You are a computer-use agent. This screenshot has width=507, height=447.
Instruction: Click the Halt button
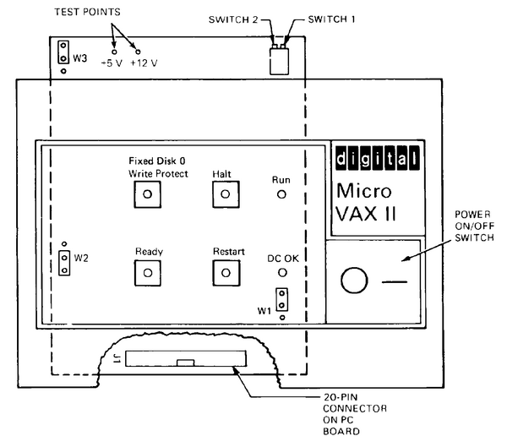click(x=224, y=194)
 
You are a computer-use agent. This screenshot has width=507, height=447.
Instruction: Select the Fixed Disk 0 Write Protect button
click(x=148, y=194)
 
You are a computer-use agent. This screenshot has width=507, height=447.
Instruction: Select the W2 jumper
click(x=63, y=262)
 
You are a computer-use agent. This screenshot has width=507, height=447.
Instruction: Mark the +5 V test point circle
click(x=114, y=52)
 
